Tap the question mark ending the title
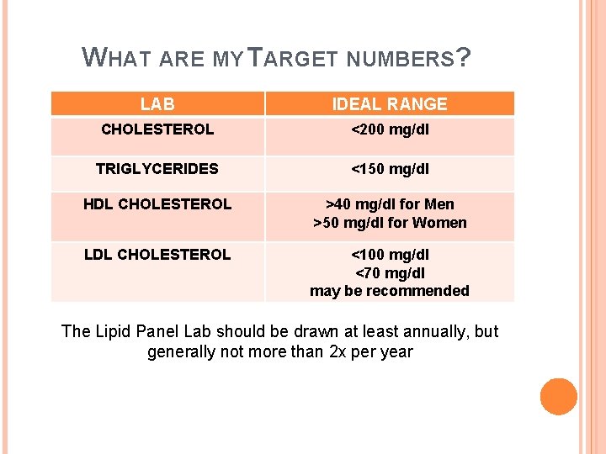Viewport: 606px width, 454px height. click(x=463, y=57)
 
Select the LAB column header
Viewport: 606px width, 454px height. click(x=157, y=104)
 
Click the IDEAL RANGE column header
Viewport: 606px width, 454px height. click(x=390, y=104)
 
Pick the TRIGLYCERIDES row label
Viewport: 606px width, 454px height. click(x=157, y=169)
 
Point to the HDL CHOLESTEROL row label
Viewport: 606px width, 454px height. click(x=157, y=204)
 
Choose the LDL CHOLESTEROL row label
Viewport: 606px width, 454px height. click(x=157, y=255)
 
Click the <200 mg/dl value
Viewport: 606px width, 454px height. click(x=390, y=130)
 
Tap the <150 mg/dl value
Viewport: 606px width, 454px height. click(x=390, y=169)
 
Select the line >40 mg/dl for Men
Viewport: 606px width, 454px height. click(x=390, y=204)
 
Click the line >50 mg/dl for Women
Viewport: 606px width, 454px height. click(x=390, y=223)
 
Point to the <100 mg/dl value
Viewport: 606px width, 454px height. click(x=390, y=255)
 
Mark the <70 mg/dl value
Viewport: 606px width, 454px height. click(x=390, y=272)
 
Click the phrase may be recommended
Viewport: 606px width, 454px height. click(x=390, y=291)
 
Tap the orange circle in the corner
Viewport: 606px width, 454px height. click(x=558, y=397)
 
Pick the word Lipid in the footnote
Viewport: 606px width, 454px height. click(x=111, y=331)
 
